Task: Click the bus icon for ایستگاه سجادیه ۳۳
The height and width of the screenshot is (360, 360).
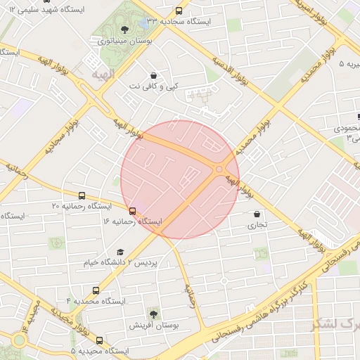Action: pyautogui.click(x=179, y=11)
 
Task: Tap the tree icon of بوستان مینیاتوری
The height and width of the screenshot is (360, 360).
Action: pyautogui.click(x=124, y=30)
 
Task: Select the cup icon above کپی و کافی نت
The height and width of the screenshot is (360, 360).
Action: pyautogui.click(x=153, y=75)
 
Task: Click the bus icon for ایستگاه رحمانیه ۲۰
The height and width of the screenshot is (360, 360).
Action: pyautogui.click(x=82, y=196)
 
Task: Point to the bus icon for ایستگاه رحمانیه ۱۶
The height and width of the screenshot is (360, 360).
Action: pyautogui.click(x=132, y=211)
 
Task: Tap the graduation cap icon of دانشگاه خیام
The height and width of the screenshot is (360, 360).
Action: pyautogui.click(x=120, y=252)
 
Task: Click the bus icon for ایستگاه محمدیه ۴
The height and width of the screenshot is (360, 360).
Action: pyautogui.click(x=96, y=290)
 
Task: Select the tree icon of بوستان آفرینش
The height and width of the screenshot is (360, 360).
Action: pyautogui.click(x=153, y=314)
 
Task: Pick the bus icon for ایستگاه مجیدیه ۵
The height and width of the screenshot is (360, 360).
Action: pyautogui.click(x=99, y=340)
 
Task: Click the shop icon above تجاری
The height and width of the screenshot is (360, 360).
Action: pyautogui.click(x=256, y=214)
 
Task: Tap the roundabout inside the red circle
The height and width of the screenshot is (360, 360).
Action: pyautogui.click(x=219, y=169)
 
